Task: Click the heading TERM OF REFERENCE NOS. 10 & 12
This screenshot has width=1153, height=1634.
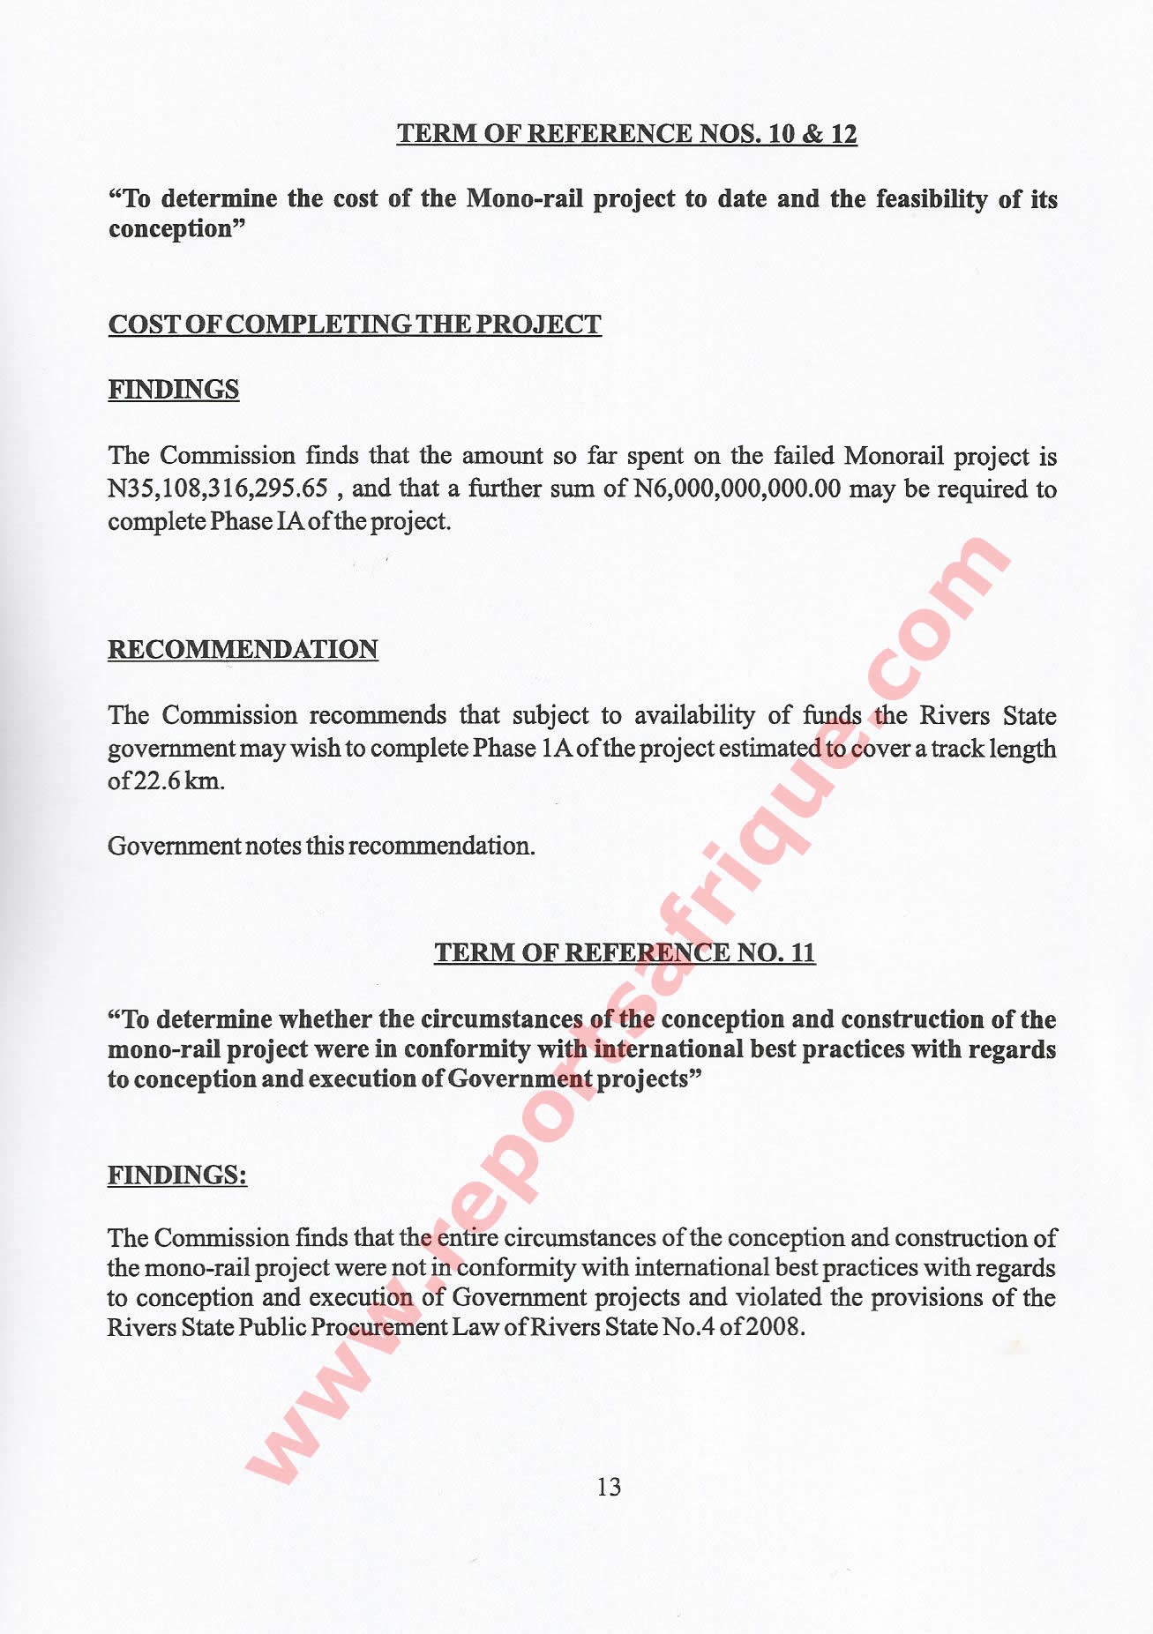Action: point(626,134)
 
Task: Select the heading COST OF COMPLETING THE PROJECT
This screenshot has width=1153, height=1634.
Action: point(355,325)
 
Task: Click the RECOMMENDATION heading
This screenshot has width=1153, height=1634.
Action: point(243,650)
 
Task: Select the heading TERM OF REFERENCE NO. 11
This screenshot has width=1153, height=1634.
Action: point(625,953)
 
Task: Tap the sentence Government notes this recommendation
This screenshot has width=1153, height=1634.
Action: point(321,847)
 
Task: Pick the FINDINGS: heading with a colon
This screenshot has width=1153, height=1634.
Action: point(177,1175)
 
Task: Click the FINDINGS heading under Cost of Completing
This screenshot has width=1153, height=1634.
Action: point(174,390)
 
